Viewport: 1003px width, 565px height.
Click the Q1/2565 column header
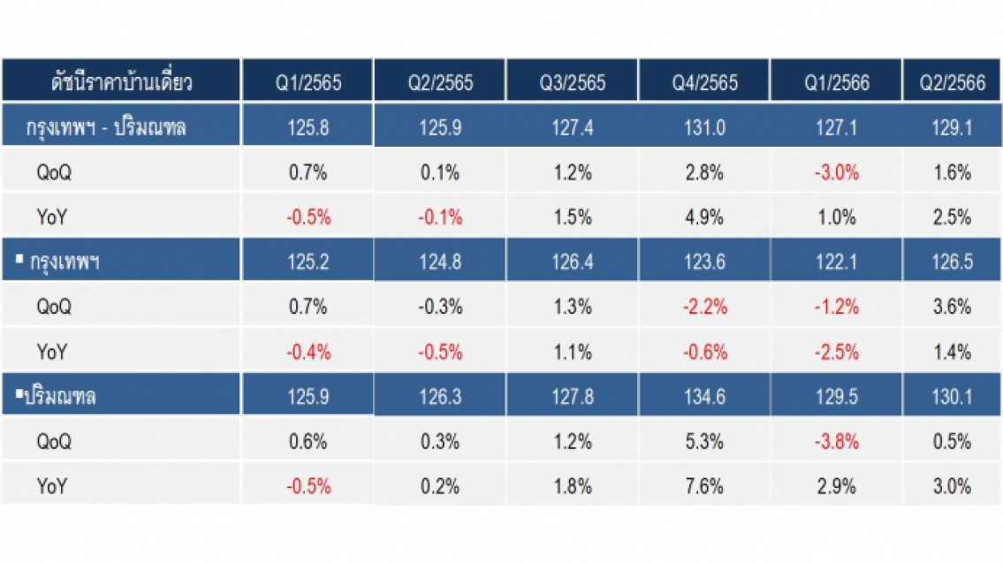coord(308,82)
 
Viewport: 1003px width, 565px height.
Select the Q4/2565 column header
coord(705,82)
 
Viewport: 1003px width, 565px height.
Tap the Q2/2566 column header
coord(953,82)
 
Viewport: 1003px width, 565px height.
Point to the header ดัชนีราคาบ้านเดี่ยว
coord(122,81)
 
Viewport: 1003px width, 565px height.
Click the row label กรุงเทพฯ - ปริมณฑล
coord(106,127)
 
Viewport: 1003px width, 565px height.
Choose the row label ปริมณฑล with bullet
coord(56,396)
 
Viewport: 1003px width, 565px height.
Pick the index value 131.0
coord(705,127)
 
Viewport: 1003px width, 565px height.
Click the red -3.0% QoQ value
coord(837,172)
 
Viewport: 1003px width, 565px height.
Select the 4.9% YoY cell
coord(704,217)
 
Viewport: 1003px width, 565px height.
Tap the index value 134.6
coord(705,397)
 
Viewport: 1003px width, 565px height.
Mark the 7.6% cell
coord(704,486)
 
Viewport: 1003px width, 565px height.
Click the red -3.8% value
coord(837,441)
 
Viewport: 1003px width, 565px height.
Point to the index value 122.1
coord(837,262)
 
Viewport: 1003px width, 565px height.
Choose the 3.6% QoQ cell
coord(952,307)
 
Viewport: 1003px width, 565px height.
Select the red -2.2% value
coord(705,307)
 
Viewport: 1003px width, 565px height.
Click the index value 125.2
coord(308,262)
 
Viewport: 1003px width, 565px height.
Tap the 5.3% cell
coord(704,441)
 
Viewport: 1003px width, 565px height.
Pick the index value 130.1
coord(953,397)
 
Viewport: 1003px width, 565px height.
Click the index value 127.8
coord(573,397)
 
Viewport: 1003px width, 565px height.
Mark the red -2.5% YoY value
coord(837,352)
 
